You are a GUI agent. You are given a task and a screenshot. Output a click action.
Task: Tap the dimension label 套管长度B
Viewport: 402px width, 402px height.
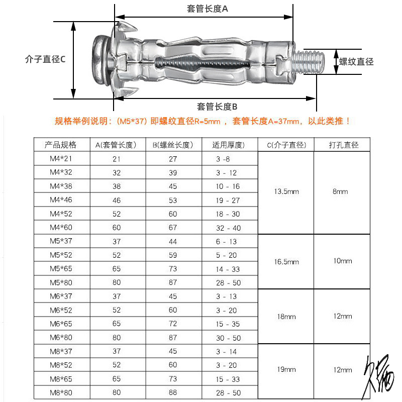click(217, 107)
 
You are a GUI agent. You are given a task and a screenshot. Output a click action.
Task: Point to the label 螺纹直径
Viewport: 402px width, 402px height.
click(356, 62)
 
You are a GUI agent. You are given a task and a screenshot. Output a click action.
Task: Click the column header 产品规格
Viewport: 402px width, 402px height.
click(60, 145)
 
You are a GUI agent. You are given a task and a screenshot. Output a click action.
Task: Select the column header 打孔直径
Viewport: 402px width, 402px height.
click(344, 145)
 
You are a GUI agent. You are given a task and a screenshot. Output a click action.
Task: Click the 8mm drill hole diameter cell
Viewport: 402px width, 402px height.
click(340, 192)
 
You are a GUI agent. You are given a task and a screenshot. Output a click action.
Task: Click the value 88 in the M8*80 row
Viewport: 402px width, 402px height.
click(173, 392)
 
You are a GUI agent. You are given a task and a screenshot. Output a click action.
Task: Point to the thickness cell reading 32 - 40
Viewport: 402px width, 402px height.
click(229, 228)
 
